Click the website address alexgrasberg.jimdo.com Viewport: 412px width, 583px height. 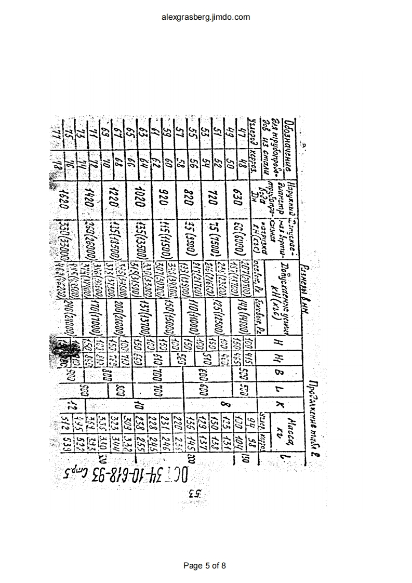(206, 17)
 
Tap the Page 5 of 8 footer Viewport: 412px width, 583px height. (206, 565)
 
